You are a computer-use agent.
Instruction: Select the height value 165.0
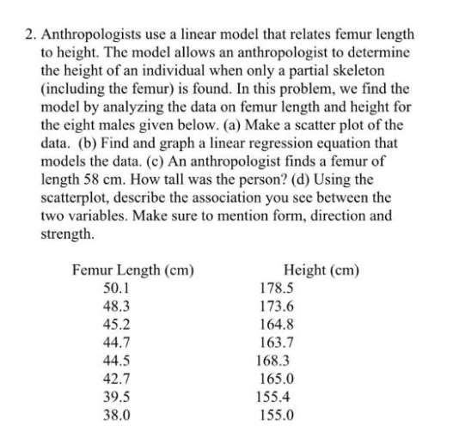pyautogui.click(x=277, y=379)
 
